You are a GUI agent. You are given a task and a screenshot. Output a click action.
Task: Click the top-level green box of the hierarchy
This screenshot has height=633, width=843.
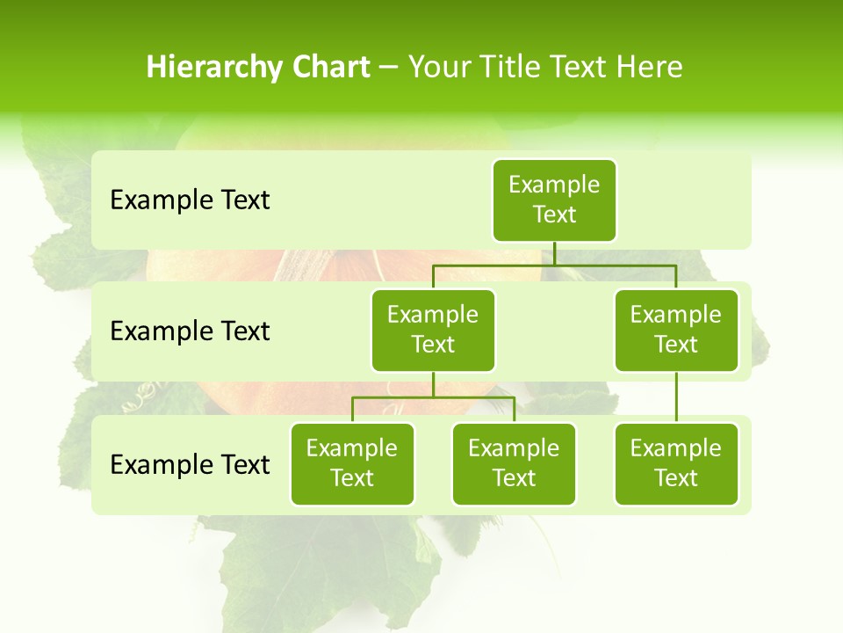(x=554, y=200)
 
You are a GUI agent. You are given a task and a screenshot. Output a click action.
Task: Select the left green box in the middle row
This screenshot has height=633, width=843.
(x=433, y=330)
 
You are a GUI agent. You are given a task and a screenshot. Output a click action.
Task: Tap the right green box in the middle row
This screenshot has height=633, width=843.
(x=676, y=330)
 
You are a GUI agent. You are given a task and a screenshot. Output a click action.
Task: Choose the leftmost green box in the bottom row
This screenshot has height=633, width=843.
(x=352, y=463)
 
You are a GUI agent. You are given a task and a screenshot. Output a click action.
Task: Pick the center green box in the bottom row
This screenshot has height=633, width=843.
(x=514, y=463)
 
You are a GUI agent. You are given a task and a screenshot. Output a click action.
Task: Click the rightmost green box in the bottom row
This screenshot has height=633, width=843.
(x=676, y=463)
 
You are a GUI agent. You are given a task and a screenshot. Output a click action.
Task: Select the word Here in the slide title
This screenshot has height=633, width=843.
(x=649, y=67)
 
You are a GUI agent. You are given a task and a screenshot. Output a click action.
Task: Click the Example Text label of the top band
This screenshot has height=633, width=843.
(x=190, y=200)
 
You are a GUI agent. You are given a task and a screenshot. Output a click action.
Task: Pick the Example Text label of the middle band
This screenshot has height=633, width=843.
(x=190, y=331)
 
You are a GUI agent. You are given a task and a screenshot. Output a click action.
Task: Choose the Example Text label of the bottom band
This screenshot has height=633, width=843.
(x=190, y=464)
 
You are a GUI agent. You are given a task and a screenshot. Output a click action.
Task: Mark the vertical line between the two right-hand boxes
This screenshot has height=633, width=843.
(x=676, y=397)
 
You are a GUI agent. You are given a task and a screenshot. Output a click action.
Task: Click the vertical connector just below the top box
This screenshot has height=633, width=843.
(x=554, y=253)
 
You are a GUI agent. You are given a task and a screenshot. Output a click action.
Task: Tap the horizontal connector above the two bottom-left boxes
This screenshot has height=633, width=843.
(x=433, y=397)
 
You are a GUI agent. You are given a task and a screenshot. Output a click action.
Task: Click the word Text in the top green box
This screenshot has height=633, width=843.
(x=554, y=215)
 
